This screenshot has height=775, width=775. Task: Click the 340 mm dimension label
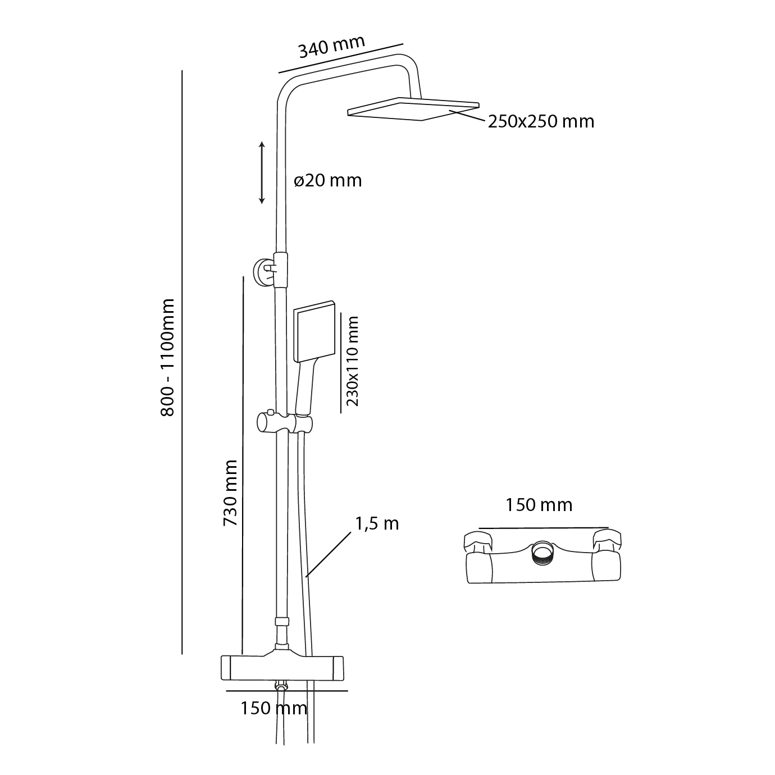pos(331,46)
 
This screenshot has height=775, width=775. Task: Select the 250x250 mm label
pos(540,121)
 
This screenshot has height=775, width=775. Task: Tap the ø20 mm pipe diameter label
pos(328,180)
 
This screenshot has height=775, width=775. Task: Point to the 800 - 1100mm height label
pos(168,357)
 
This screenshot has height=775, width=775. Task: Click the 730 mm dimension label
pos(230,493)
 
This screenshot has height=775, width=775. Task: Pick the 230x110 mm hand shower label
pos(352,361)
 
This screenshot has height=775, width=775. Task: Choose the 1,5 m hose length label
pos(377,523)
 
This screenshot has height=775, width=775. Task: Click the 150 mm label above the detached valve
pos(539,505)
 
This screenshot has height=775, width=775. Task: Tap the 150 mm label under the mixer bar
pos(273,708)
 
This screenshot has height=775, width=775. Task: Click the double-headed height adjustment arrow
pos(262,172)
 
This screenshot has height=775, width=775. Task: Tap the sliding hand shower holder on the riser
pos(284,423)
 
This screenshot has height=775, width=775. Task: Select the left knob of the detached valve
pos(477,541)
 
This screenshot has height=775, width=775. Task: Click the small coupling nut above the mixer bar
pos(282,622)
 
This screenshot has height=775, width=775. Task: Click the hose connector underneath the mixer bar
pos(281,686)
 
